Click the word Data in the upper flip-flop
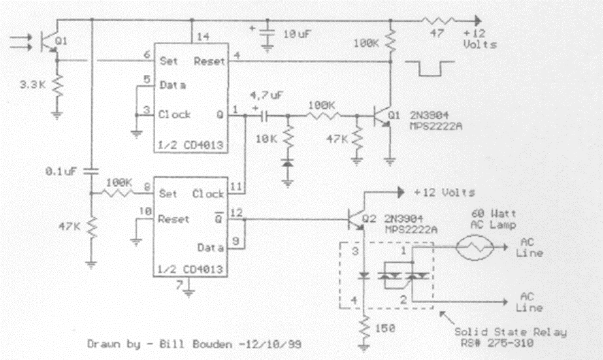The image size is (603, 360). pyautogui.click(x=173, y=87)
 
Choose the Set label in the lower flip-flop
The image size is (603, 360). pyautogui.click(x=167, y=194)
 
